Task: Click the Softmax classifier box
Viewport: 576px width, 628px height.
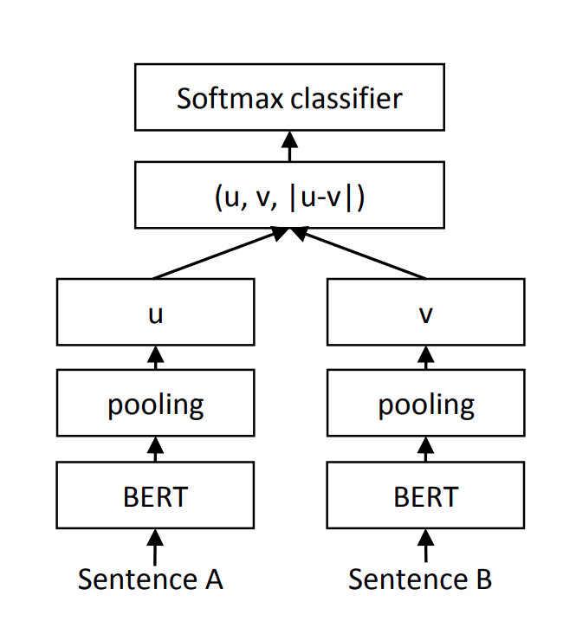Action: point(289,99)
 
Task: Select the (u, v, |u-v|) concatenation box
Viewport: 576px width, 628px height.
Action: point(289,197)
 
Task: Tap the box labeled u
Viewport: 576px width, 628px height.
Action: point(156,312)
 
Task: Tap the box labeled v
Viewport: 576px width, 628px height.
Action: point(424,312)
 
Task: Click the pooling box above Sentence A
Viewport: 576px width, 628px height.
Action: point(156,405)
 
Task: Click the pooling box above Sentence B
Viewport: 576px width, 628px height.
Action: point(424,405)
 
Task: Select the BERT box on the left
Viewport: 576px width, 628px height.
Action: point(156,496)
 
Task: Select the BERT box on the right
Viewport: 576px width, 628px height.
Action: point(424,496)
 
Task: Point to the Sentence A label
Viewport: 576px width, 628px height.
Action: point(151,579)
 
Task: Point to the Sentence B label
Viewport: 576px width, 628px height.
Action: point(421,579)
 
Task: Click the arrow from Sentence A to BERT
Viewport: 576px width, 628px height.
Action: point(156,547)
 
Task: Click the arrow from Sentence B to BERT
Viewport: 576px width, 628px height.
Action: point(424,547)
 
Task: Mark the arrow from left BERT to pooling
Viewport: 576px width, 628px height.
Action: point(156,450)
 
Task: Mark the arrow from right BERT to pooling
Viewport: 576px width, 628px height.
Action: point(424,450)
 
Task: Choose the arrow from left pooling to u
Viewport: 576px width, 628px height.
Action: point(156,357)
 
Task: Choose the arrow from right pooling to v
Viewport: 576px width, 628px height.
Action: point(424,357)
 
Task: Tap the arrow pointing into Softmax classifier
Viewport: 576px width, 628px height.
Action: point(289,147)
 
